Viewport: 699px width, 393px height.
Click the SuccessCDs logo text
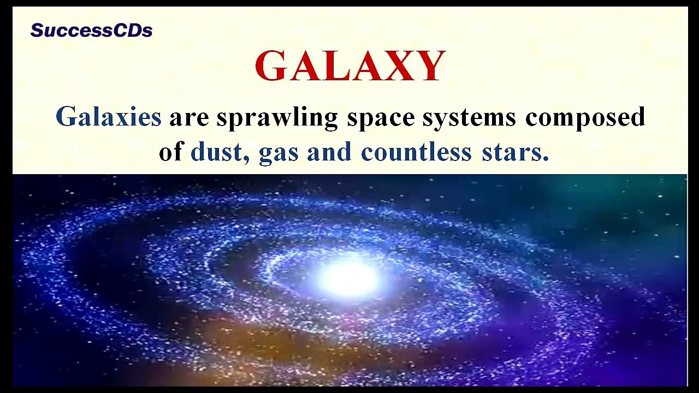(91, 31)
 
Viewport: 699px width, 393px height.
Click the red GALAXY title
(350, 66)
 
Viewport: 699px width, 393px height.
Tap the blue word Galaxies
(109, 117)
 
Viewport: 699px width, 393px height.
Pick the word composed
(585, 117)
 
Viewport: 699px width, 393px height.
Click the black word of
(171, 151)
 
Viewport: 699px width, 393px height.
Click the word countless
(416, 151)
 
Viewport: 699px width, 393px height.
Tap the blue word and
(329, 151)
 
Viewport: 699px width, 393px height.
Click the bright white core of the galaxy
(348, 277)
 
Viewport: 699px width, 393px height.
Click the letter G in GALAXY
(271, 66)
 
